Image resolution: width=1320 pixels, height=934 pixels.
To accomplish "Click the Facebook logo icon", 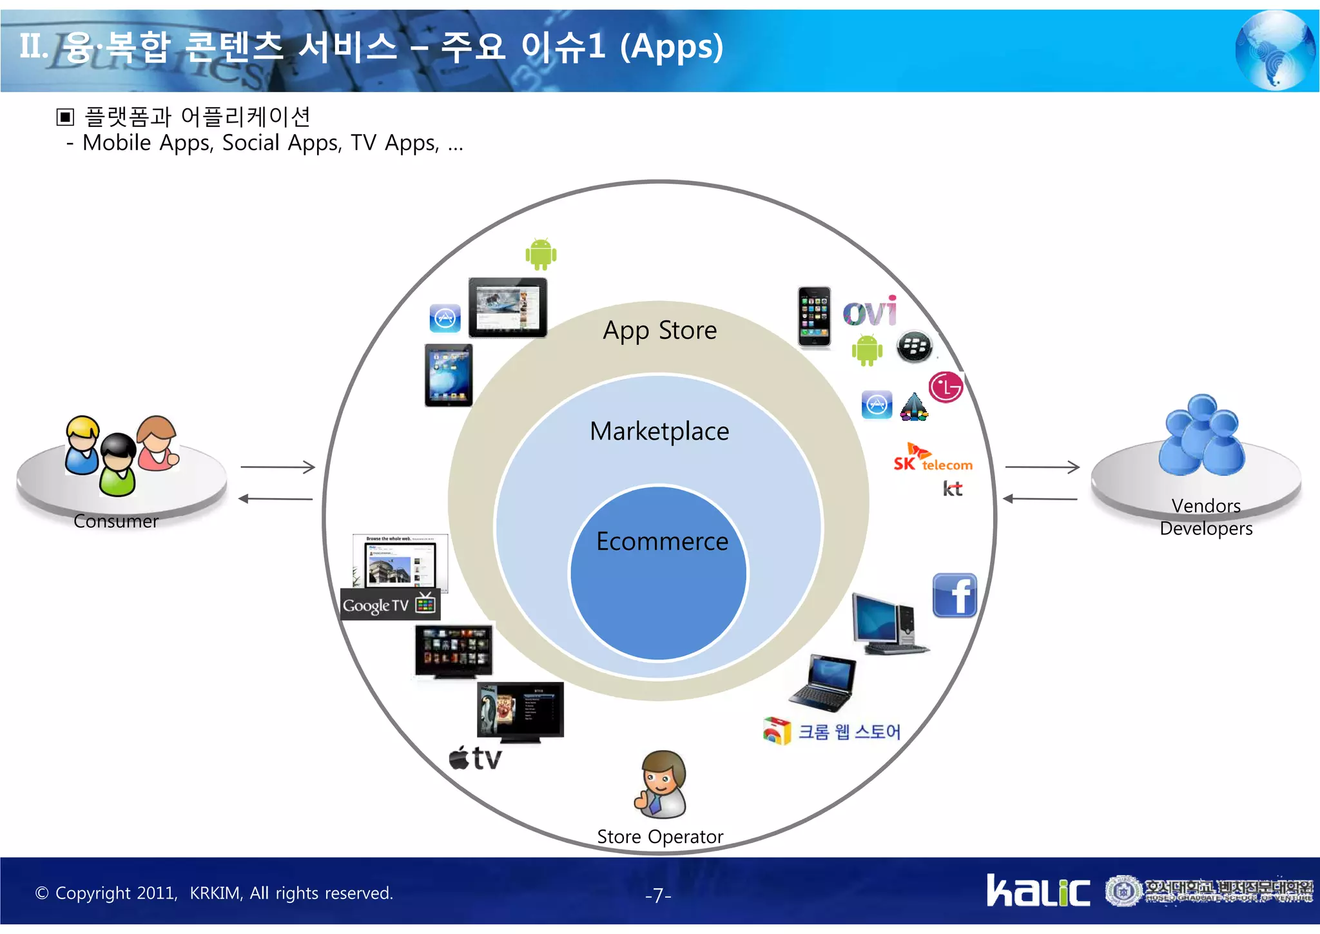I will [x=955, y=596].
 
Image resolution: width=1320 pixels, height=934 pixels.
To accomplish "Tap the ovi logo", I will [x=870, y=312].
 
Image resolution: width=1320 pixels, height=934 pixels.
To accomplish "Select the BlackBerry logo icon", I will [x=914, y=347].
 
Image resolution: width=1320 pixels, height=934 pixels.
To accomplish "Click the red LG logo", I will [x=946, y=387].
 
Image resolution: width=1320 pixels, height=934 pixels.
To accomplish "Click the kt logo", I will [x=953, y=489].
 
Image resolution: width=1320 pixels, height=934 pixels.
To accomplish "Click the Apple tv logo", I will [x=475, y=759].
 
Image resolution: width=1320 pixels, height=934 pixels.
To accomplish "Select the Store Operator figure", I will [x=661, y=784].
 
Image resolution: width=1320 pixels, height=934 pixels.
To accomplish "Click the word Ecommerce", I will [x=662, y=541].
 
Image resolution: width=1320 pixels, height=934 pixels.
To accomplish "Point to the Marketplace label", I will [x=659, y=431].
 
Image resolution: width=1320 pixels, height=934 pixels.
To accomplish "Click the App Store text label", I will [x=660, y=331].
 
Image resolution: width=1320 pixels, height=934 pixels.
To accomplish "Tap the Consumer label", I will [x=116, y=521].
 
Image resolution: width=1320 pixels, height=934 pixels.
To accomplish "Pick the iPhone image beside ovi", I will [x=814, y=316].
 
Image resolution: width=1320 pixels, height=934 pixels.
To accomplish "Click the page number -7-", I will [x=658, y=895].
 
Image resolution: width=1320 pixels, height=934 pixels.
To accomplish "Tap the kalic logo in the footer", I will [x=1038, y=891].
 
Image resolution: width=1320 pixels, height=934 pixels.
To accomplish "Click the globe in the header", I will [x=1275, y=50].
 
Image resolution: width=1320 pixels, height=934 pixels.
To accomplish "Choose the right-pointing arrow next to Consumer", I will [x=278, y=467].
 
